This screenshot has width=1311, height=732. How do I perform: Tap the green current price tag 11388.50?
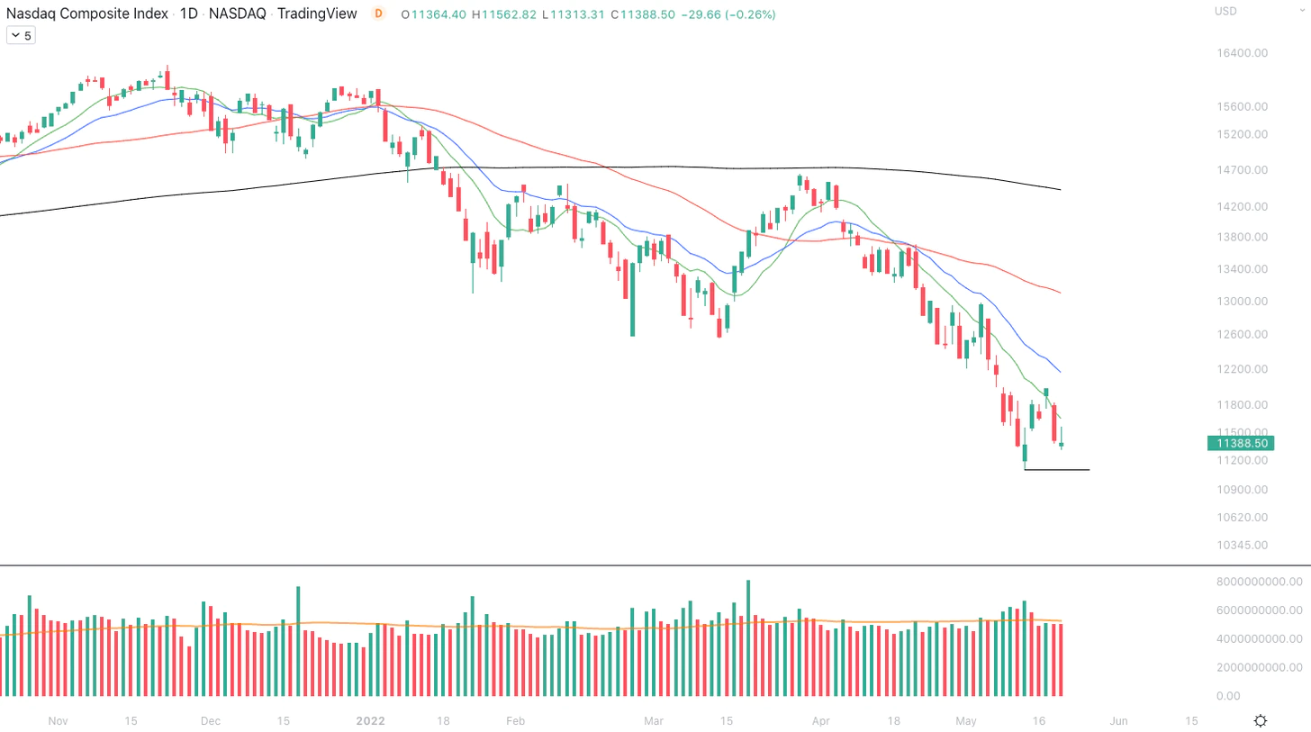(1242, 443)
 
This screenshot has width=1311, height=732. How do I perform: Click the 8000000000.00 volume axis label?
(1258, 582)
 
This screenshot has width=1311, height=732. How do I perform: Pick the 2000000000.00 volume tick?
(1258, 667)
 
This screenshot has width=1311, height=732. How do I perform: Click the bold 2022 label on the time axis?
(371, 721)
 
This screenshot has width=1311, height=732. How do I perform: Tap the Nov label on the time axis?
(58, 721)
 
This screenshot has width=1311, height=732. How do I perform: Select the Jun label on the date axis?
(1118, 721)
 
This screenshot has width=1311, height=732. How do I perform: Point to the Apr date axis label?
(820, 721)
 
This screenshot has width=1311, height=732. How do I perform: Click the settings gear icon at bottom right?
(1261, 720)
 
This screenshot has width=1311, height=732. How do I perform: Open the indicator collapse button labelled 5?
(21, 35)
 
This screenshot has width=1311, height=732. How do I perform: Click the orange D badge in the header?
(378, 14)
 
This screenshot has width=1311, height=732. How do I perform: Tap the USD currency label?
(1225, 11)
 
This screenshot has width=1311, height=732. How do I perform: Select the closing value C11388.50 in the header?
(642, 14)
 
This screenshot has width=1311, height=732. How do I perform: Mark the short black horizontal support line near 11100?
(1057, 470)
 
